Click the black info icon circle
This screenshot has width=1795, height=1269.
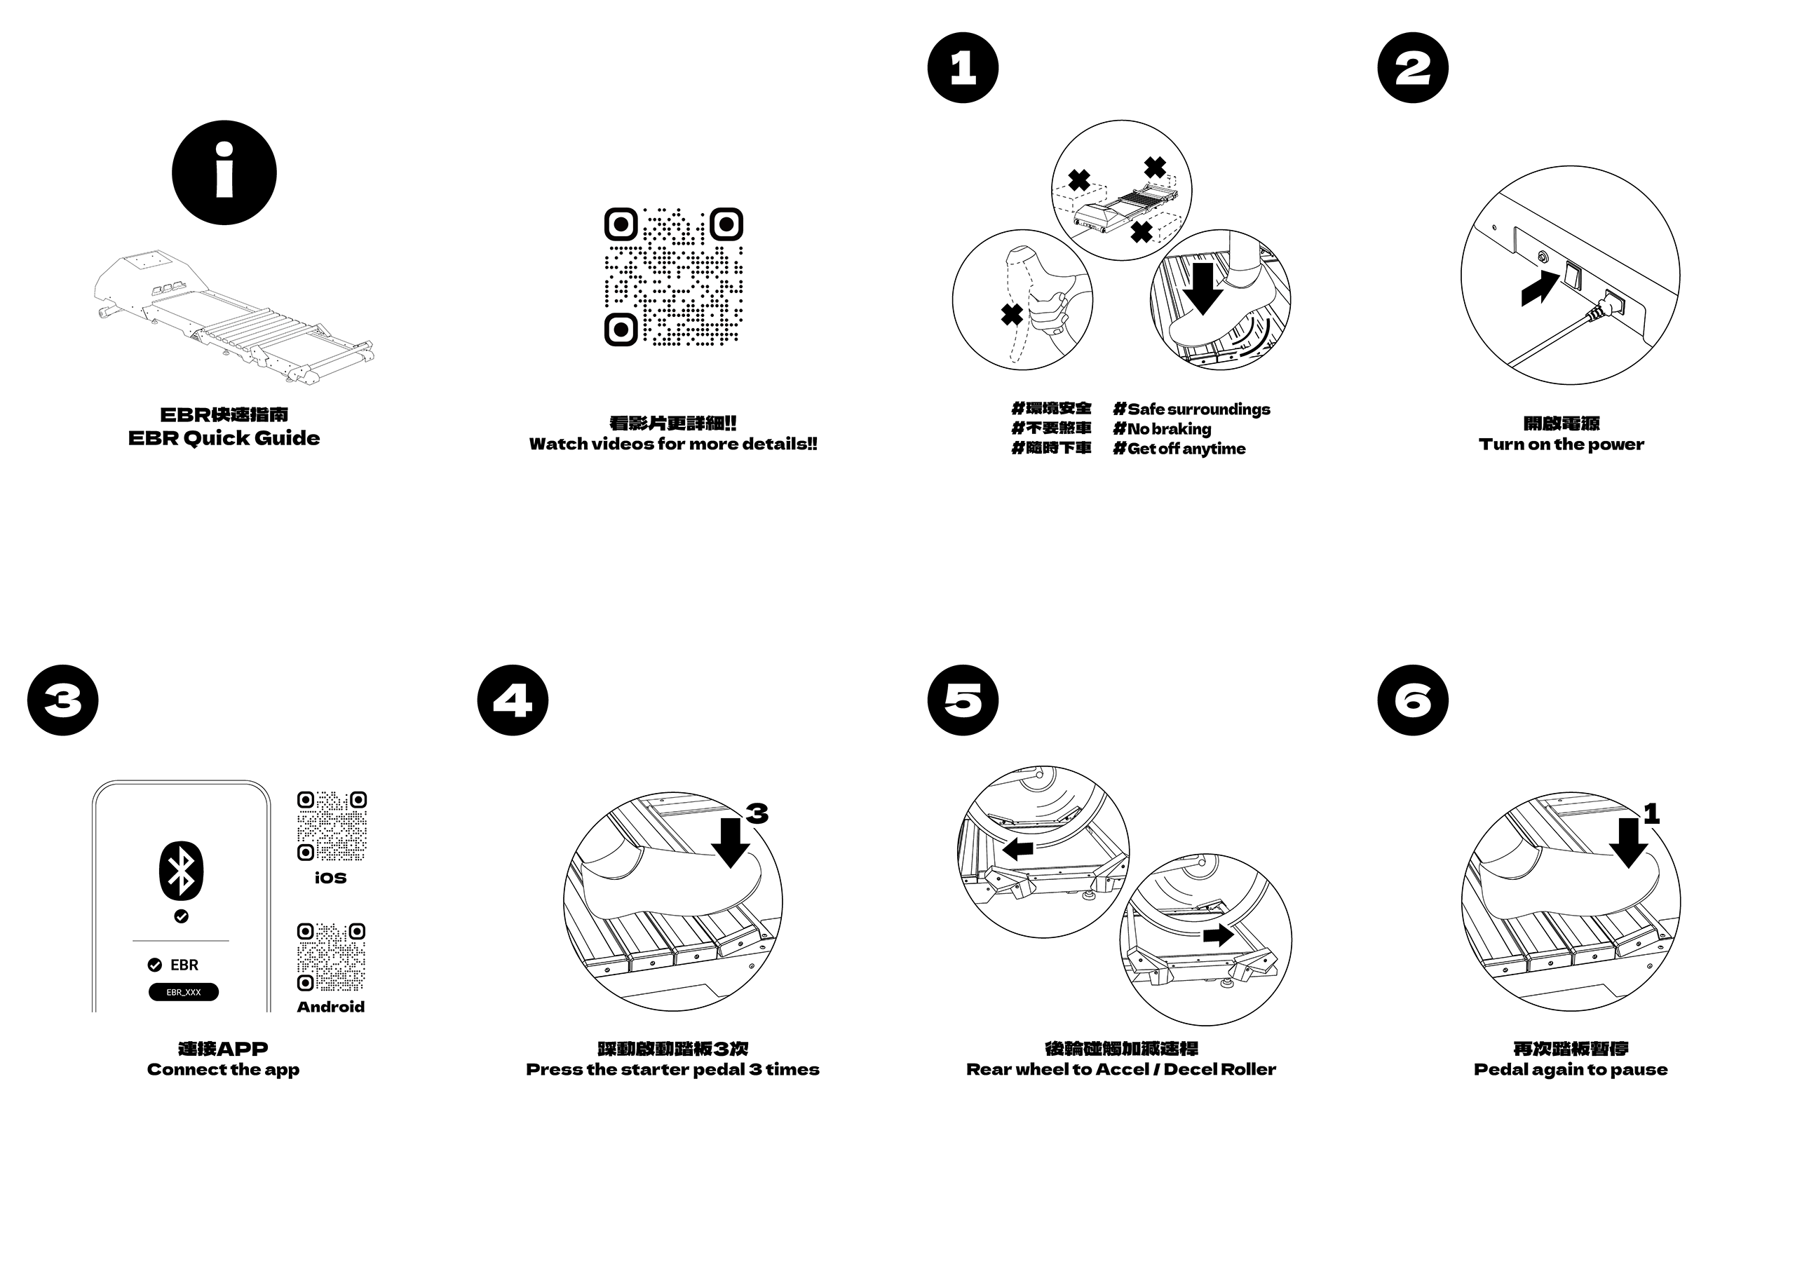pyautogui.click(x=224, y=172)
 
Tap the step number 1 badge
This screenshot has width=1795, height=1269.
pyautogui.click(x=963, y=68)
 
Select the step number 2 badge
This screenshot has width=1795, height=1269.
pyautogui.click(x=1413, y=68)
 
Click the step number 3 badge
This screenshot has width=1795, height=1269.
pyautogui.click(x=62, y=700)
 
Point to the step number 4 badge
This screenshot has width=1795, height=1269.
pyautogui.click(x=513, y=700)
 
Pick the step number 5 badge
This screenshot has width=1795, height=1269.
pyautogui.click(x=963, y=700)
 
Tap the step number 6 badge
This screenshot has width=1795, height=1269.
pyautogui.click(x=1413, y=700)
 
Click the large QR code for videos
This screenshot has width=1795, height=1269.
pyautogui.click(x=673, y=277)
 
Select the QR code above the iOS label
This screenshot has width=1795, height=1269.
pyautogui.click(x=332, y=826)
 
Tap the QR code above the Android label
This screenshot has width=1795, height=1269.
pyautogui.click(x=332, y=957)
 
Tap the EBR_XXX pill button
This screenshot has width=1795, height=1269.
pyautogui.click(x=184, y=992)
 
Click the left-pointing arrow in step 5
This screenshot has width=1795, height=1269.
pyautogui.click(x=1018, y=849)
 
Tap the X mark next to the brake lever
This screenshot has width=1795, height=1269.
pyautogui.click(x=1012, y=315)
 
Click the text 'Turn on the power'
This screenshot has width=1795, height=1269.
pyautogui.click(x=1562, y=444)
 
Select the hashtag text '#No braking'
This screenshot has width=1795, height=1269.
pyautogui.click(x=1162, y=428)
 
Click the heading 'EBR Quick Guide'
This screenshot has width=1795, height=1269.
pyautogui.click(x=224, y=438)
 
